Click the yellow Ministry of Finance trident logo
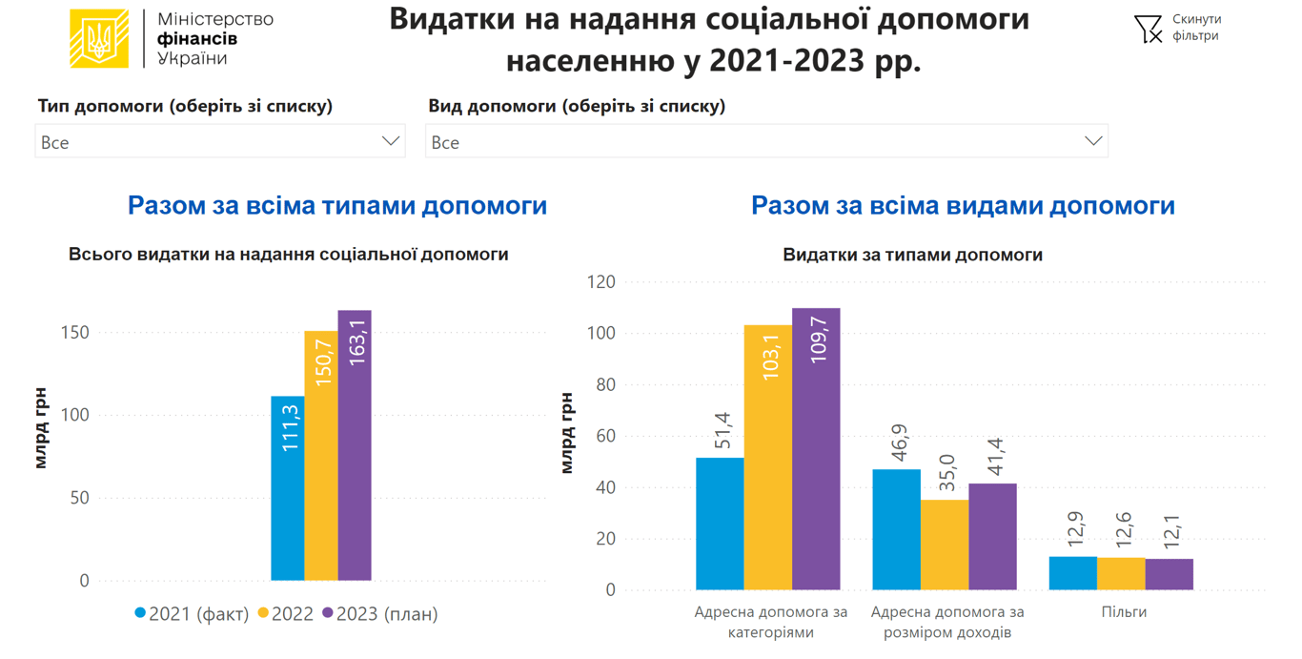coord(99,38)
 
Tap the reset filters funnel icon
coord(1148,29)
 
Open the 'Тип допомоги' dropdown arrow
coord(390,141)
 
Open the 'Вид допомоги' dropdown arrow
coord(1093,141)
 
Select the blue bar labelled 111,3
coord(288,488)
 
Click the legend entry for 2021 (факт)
coord(192,613)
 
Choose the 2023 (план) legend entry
coord(380,613)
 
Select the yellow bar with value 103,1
coord(768,458)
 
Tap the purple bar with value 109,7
coord(816,449)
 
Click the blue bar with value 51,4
coord(720,524)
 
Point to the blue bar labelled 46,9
coord(897,529)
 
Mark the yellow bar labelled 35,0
coord(945,545)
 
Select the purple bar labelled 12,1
coord(1169,574)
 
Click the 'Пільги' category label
coord(1124,612)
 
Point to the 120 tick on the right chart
coord(601,282)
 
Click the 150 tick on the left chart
coord(75,333)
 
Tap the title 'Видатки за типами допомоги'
coord(912,255)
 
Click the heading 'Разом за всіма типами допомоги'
coord(337,205)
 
